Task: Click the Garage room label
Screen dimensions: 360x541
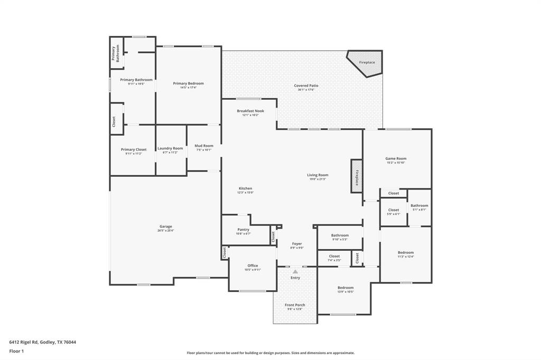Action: pos(165,226)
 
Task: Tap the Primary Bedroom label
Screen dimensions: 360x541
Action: pos(188,83)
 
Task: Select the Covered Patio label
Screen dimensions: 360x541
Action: pos(306,86)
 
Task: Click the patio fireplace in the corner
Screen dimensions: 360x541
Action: pos(366,62)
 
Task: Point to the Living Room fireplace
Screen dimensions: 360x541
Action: pos(357,176)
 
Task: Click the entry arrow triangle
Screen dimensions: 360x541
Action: pos(295,272)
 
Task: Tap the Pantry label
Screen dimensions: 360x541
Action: pos(243,230)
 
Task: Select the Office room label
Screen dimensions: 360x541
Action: pos(253,266)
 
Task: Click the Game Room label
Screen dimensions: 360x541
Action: pos(396,158)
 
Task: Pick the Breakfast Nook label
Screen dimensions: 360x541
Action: pos(250,111)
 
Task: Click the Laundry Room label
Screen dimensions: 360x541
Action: pos(170,148)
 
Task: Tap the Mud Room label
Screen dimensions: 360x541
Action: pos(204,146)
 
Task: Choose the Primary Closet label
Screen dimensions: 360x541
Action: pos(134,149)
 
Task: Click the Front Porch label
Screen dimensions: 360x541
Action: pos(295,305)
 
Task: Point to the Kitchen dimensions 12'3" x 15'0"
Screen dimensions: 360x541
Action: pos(245,193)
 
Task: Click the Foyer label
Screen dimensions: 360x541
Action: pos(297,244)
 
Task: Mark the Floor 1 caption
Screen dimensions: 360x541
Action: pos(17,351)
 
